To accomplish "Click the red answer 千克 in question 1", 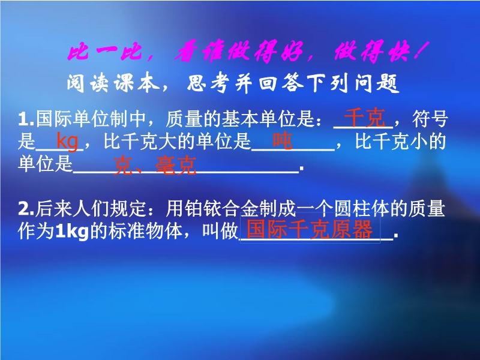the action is tap(364, 117).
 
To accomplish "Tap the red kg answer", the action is tap(67, 142).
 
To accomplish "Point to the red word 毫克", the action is tap(176, 166).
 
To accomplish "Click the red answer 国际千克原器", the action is tap(309, 229).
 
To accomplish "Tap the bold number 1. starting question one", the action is tap(26, 119).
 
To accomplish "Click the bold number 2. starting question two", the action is tap(26, 209).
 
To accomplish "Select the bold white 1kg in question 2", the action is tap(71, 232).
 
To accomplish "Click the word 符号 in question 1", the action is tap(430, 119).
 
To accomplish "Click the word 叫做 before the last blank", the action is tap(220, 231).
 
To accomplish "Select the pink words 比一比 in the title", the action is tap(104, 51).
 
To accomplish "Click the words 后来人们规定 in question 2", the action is tap(91, 208).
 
